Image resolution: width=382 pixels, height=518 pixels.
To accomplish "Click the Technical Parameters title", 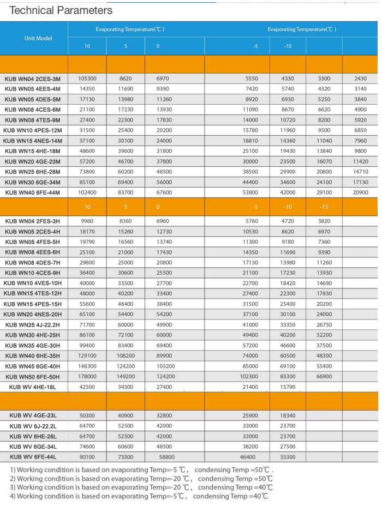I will coord(61,10).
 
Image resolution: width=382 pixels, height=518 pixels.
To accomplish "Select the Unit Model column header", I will coord(38,38).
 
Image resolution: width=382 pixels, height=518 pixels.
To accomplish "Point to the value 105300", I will coord(87,79).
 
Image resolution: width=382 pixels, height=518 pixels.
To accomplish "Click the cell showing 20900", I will coord(360,192).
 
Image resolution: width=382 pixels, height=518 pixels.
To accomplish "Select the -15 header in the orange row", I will coord(324,207).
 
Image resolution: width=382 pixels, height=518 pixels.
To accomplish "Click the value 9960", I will coord(87,221).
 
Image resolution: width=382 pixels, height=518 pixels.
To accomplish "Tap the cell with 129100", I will coord(87,356).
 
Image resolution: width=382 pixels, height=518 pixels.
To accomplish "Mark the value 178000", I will coord(87,377).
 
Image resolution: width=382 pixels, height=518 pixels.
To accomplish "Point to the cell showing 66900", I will coord(324,377).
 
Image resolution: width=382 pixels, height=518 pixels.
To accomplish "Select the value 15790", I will coord(288,387).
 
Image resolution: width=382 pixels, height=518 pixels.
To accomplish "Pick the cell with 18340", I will coord(288,415).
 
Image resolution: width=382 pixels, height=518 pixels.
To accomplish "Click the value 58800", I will coord(167,457).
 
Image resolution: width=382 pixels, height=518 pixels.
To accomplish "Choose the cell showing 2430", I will coord(360,79).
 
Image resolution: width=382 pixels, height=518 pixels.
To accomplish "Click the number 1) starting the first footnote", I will coord(13,469).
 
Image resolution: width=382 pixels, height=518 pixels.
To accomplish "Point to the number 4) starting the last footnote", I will coord(13,496).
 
